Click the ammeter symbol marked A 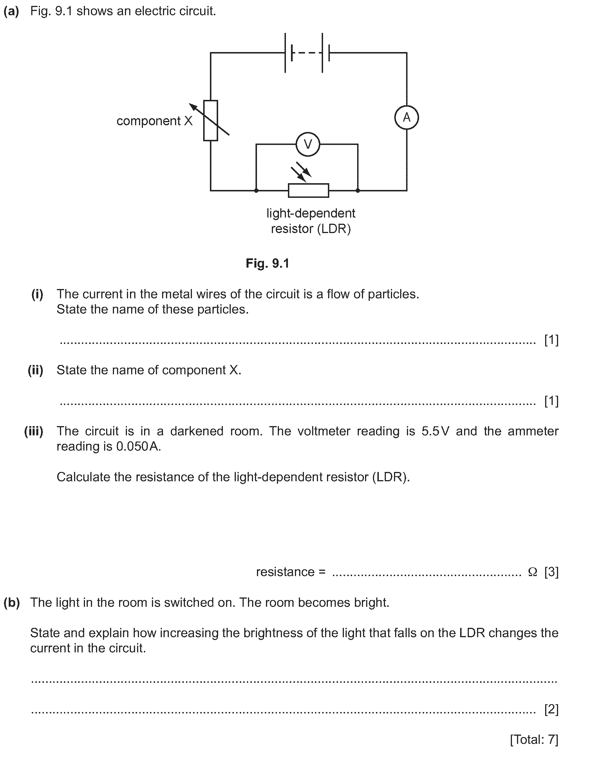[406, 118]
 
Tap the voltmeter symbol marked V [308, 144]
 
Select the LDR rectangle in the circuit [308, 191]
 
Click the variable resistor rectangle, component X [211, 120]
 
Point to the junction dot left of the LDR [256, 191]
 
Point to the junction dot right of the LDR [357, 191]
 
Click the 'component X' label [155, 121]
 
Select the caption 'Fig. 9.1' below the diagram [267, 263]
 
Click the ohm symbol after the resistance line [532, 572]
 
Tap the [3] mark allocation [551, 572]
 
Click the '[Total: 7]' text [534, 739]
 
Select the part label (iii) [33, 431]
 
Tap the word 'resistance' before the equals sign [285, 572]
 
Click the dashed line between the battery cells [307, 53]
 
